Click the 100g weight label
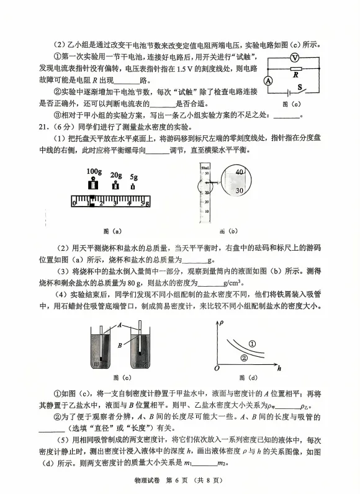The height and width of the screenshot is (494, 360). [x=94, y=171]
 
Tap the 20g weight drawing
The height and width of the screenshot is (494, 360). [x=115, y=184]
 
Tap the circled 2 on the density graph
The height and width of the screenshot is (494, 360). [x=244, y=358]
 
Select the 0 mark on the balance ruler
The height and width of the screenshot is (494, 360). [x=74, y=202]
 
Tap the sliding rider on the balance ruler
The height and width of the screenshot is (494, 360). [x=92, y=200]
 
